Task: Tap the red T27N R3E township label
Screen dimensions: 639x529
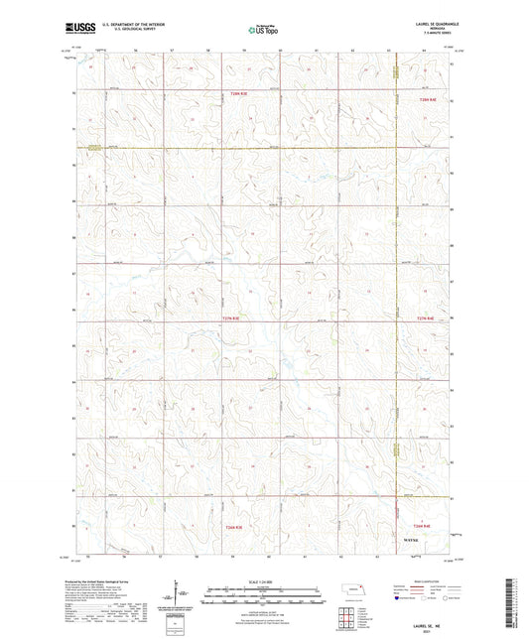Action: [x=227, y=319]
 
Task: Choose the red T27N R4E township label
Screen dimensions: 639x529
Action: [x=427, y=319]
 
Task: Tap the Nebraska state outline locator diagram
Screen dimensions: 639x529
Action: [x=354, y=591]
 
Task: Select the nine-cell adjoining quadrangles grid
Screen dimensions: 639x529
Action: [x=354, y=617]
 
